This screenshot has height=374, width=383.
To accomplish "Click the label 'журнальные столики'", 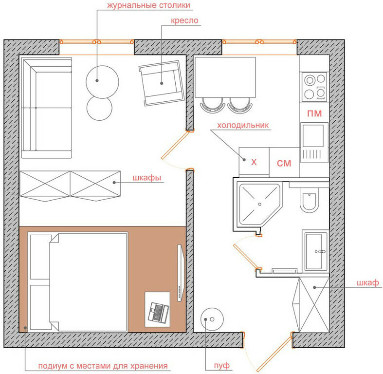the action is [148, 5].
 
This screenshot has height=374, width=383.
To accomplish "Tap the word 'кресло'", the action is [184, 21].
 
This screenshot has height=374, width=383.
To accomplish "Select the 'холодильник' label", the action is [243, 125].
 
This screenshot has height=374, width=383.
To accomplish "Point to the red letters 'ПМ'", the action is [314, 113].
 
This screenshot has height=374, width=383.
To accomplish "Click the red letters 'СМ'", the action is [284, 163].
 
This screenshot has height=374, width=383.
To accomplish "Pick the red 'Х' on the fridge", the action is [254, 162].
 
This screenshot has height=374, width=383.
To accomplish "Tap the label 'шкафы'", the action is [147, 178].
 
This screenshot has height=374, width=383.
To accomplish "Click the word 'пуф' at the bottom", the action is [222, 365].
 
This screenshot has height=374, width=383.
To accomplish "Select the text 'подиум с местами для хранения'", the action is [103, 366].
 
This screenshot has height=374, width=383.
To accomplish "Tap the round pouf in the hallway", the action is [212, 319].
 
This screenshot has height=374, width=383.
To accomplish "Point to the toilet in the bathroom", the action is [309, 200].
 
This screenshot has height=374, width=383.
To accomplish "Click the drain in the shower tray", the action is [260, 204].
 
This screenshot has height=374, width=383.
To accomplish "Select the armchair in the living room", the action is [162, 83].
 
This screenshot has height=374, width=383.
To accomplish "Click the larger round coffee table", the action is [102, 82].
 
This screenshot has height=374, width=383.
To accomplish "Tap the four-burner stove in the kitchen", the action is [314, 87].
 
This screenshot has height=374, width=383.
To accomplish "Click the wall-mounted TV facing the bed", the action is [181, 273].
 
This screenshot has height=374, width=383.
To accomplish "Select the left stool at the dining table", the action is [212, 105].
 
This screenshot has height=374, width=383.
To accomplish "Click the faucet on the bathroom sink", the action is [320, 251].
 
